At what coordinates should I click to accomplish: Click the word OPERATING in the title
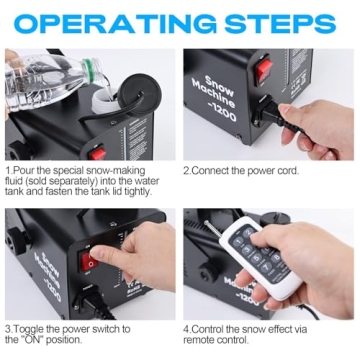[114, 24]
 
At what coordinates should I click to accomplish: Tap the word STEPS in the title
[280, 24]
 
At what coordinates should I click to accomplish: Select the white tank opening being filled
[105, 98]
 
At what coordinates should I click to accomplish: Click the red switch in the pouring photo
[97, 153]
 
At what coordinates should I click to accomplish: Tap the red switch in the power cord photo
[264, 71]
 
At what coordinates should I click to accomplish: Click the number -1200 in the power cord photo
[227, 111]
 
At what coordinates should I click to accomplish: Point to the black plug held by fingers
[272, 114]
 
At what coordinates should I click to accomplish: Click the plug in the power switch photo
[94, 303]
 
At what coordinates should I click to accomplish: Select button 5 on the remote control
[256, 258]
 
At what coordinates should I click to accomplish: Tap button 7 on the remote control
[267, 268]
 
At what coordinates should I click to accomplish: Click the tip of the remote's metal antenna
[206, 222]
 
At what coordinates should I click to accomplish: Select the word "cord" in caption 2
[287, 171]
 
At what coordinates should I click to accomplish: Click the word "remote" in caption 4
[199, 340]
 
